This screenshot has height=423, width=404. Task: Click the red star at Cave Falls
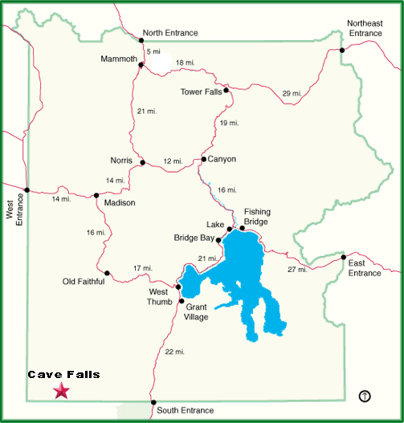pyautogui.click(x=60, y=391)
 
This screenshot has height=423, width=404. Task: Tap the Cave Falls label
pyautogui.click(x=63, y=375)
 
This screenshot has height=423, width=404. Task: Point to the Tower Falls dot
pyautogui.click(x=226, y=91)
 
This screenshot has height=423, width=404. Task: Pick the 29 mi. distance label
pyautogui.click(x=292, y=94)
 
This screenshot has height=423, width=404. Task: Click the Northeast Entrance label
pyautogui.click(x=365, y=27)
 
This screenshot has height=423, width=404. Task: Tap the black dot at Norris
pyautogui.click(x=142, y=162)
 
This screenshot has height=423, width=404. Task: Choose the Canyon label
pyautogui.click(x=222, y=159)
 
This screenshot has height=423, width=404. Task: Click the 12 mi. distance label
pyautogui.click(x=173, y=162)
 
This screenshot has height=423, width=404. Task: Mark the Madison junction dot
pyautogui.click(x=96, y=194)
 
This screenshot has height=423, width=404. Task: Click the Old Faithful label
pyautogui.click(x=84, y=281)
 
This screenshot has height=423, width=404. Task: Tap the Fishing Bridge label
pyautogui.click(x=257, y=216)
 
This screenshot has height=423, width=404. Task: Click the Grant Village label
pyautogui.click(x=197, y=311)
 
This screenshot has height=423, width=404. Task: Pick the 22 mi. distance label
pyautogui.click(x=174, y=352)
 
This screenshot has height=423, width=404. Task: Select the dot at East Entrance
pyautogui.click(x=343, y=258)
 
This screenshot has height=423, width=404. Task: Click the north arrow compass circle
pyautogui.click(x=365, y=395)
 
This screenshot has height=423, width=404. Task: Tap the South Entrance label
pyautogui.click(x=186, y=410)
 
